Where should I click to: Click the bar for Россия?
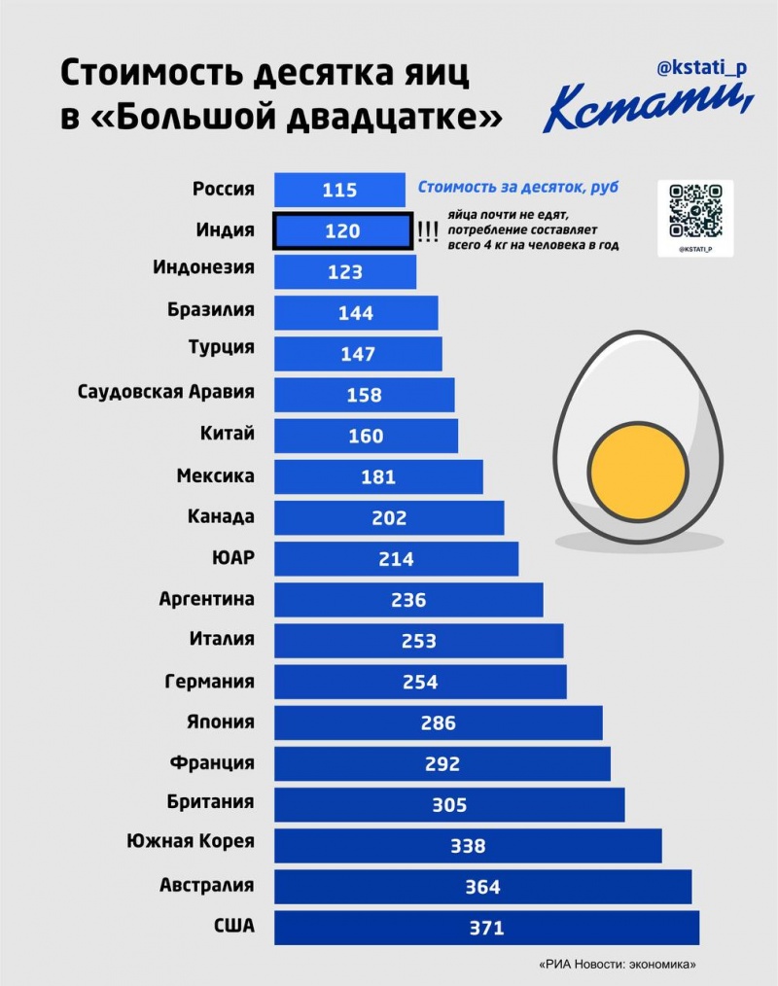[339, 190]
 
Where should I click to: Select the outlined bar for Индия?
[341, 231]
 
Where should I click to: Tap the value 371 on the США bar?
[486, 928]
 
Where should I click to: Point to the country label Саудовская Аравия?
[166, 392]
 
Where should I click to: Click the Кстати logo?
[647, 106]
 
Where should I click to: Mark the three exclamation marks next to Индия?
[427, 231]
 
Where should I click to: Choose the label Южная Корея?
[191, 841]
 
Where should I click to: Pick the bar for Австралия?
[482, 886]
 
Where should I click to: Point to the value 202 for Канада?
[389, 518]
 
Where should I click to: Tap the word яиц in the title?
[430, 74]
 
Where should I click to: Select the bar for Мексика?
[378, 476]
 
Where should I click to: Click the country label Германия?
[210, 681]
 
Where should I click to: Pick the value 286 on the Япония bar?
[439, 722]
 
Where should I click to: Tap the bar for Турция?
[358, 354]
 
